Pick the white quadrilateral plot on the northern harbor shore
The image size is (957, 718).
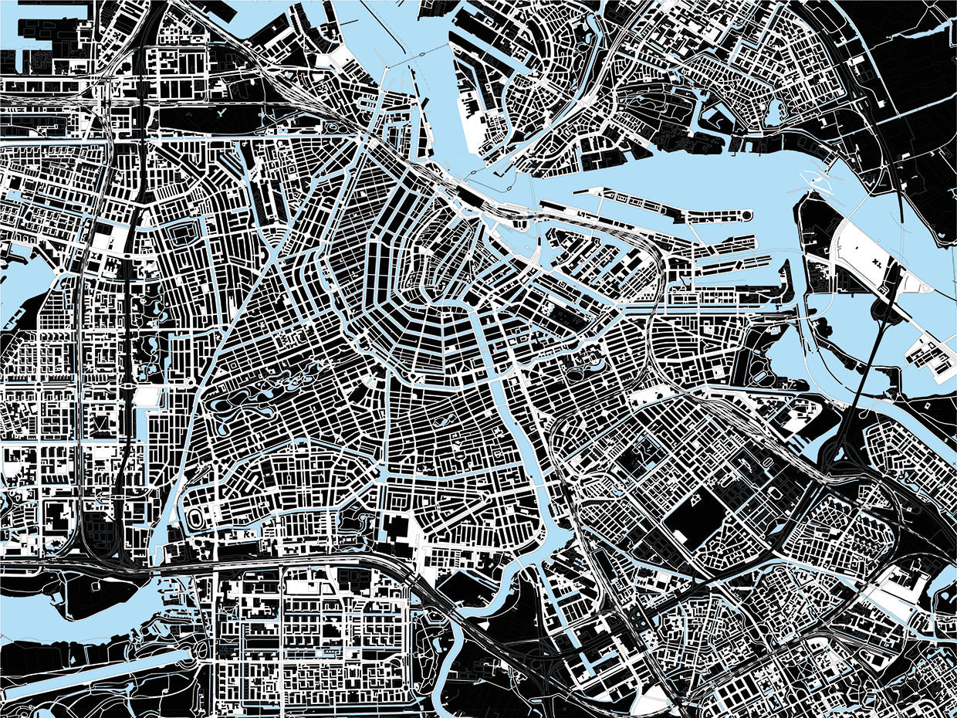(x=470, y=127)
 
